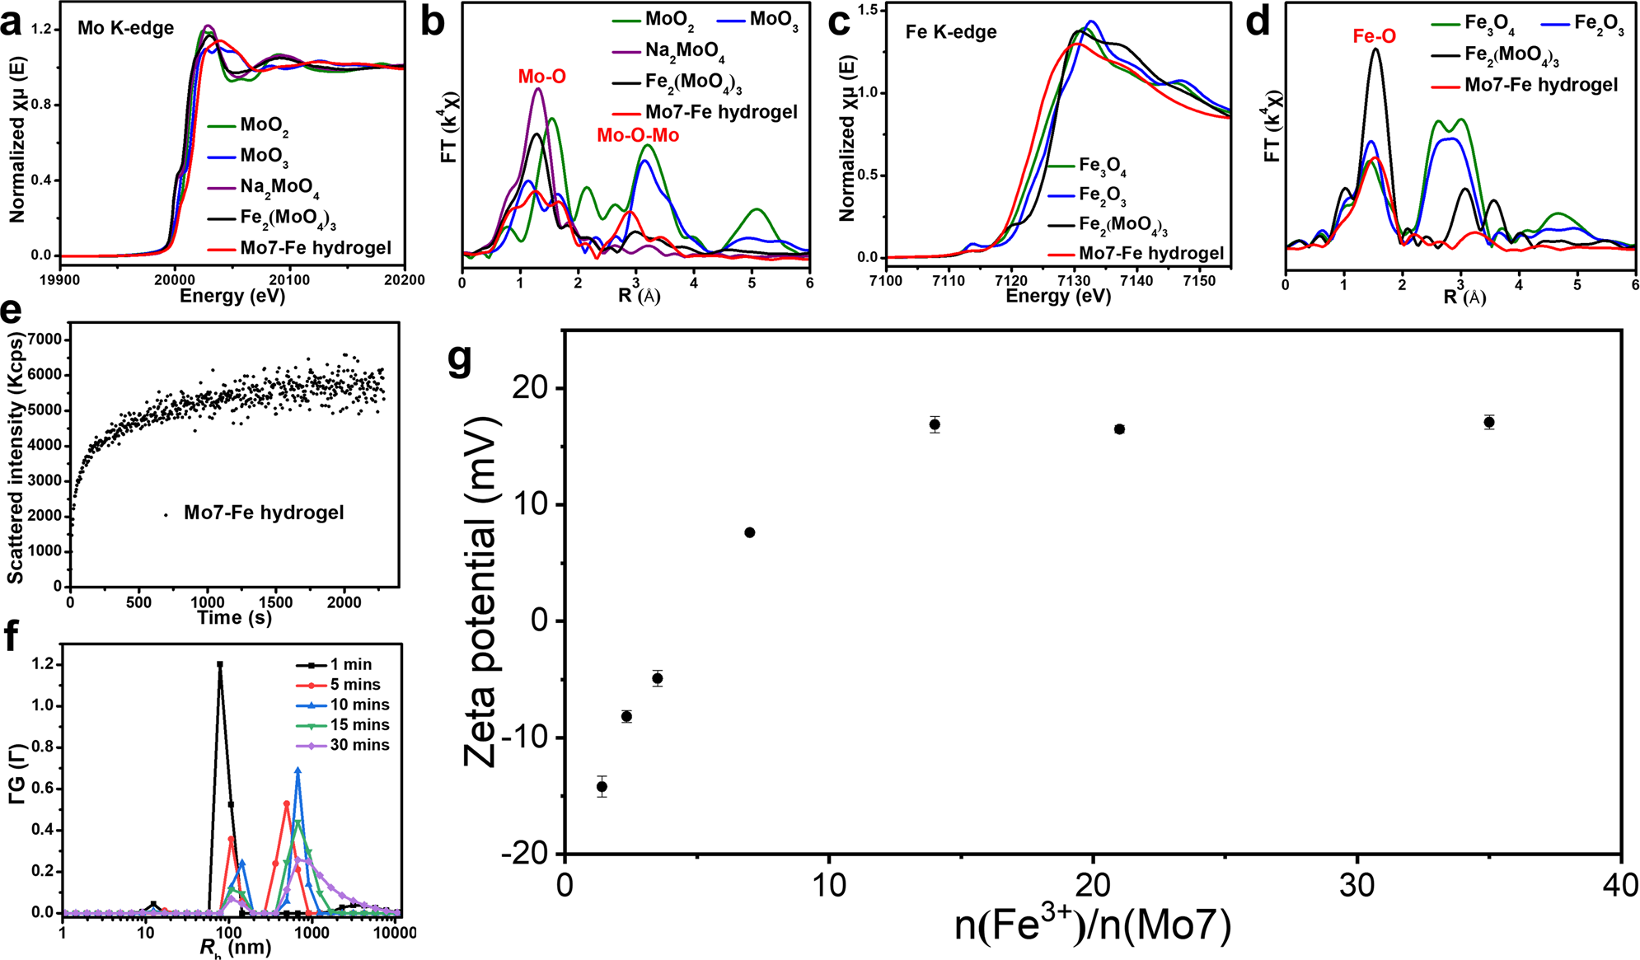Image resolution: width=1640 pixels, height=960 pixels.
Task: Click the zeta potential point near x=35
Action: click(x=1488, y=422)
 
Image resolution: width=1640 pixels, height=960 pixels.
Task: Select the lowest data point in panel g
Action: click(x=602, y=786)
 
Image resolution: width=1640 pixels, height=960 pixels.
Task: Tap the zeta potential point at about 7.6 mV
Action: click(x=749, y=532)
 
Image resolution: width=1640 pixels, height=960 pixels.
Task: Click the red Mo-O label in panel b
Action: click(x=541, y=77)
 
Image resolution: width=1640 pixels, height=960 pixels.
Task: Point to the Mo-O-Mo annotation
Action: click(x=638, y=135)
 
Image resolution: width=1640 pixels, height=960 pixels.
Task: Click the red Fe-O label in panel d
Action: click(x=1374, y=36)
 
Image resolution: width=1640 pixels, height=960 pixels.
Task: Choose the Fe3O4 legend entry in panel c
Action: click(x=1102, y=166)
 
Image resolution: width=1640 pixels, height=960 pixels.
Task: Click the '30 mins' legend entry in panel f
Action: click(x=359, y=745)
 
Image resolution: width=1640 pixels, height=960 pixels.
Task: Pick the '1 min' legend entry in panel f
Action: click(x=351, y=664)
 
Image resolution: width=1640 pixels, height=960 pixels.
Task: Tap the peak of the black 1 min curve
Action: click(x=220, y=663)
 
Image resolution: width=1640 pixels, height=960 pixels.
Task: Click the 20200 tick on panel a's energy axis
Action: click(x=404, y=280)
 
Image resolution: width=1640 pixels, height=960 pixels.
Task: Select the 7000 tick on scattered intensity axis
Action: click(x=45, y=340)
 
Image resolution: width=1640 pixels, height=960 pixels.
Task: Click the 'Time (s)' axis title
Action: click(x=234, y=617)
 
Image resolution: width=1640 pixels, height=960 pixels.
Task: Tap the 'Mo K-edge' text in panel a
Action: click(x=125, y=28)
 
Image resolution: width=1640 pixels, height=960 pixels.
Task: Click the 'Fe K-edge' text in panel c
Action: click(x=950, y=32)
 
